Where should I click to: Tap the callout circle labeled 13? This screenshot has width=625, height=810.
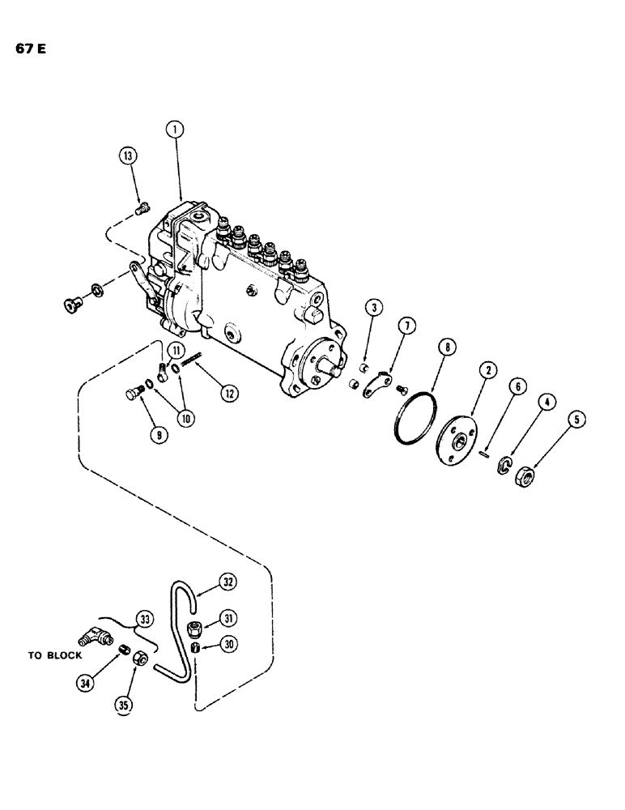coord(127,156)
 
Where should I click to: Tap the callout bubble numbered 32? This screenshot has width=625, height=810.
coord(227,580)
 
